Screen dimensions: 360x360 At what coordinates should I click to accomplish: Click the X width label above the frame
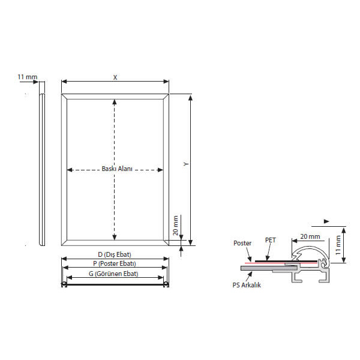(x=115, y=77)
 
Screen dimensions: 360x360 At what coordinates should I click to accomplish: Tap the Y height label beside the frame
(x=186, y=164)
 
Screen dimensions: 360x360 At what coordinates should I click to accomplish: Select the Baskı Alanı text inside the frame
(x=117, y=169)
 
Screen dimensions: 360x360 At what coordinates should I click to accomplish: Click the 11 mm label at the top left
(x=28, y=77)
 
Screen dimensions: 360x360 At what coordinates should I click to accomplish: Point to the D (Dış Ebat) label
(x=115, y=254)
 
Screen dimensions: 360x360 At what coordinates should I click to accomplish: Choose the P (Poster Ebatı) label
(x=115, y=263)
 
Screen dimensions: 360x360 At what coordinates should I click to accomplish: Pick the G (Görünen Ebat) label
(x=113, y=274)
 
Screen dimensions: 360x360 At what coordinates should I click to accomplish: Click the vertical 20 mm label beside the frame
(x=175, y=226)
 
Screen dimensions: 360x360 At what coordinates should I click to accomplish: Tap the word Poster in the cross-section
(x=242, y=243)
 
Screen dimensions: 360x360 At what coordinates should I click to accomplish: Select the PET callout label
(x=270, y=240)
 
